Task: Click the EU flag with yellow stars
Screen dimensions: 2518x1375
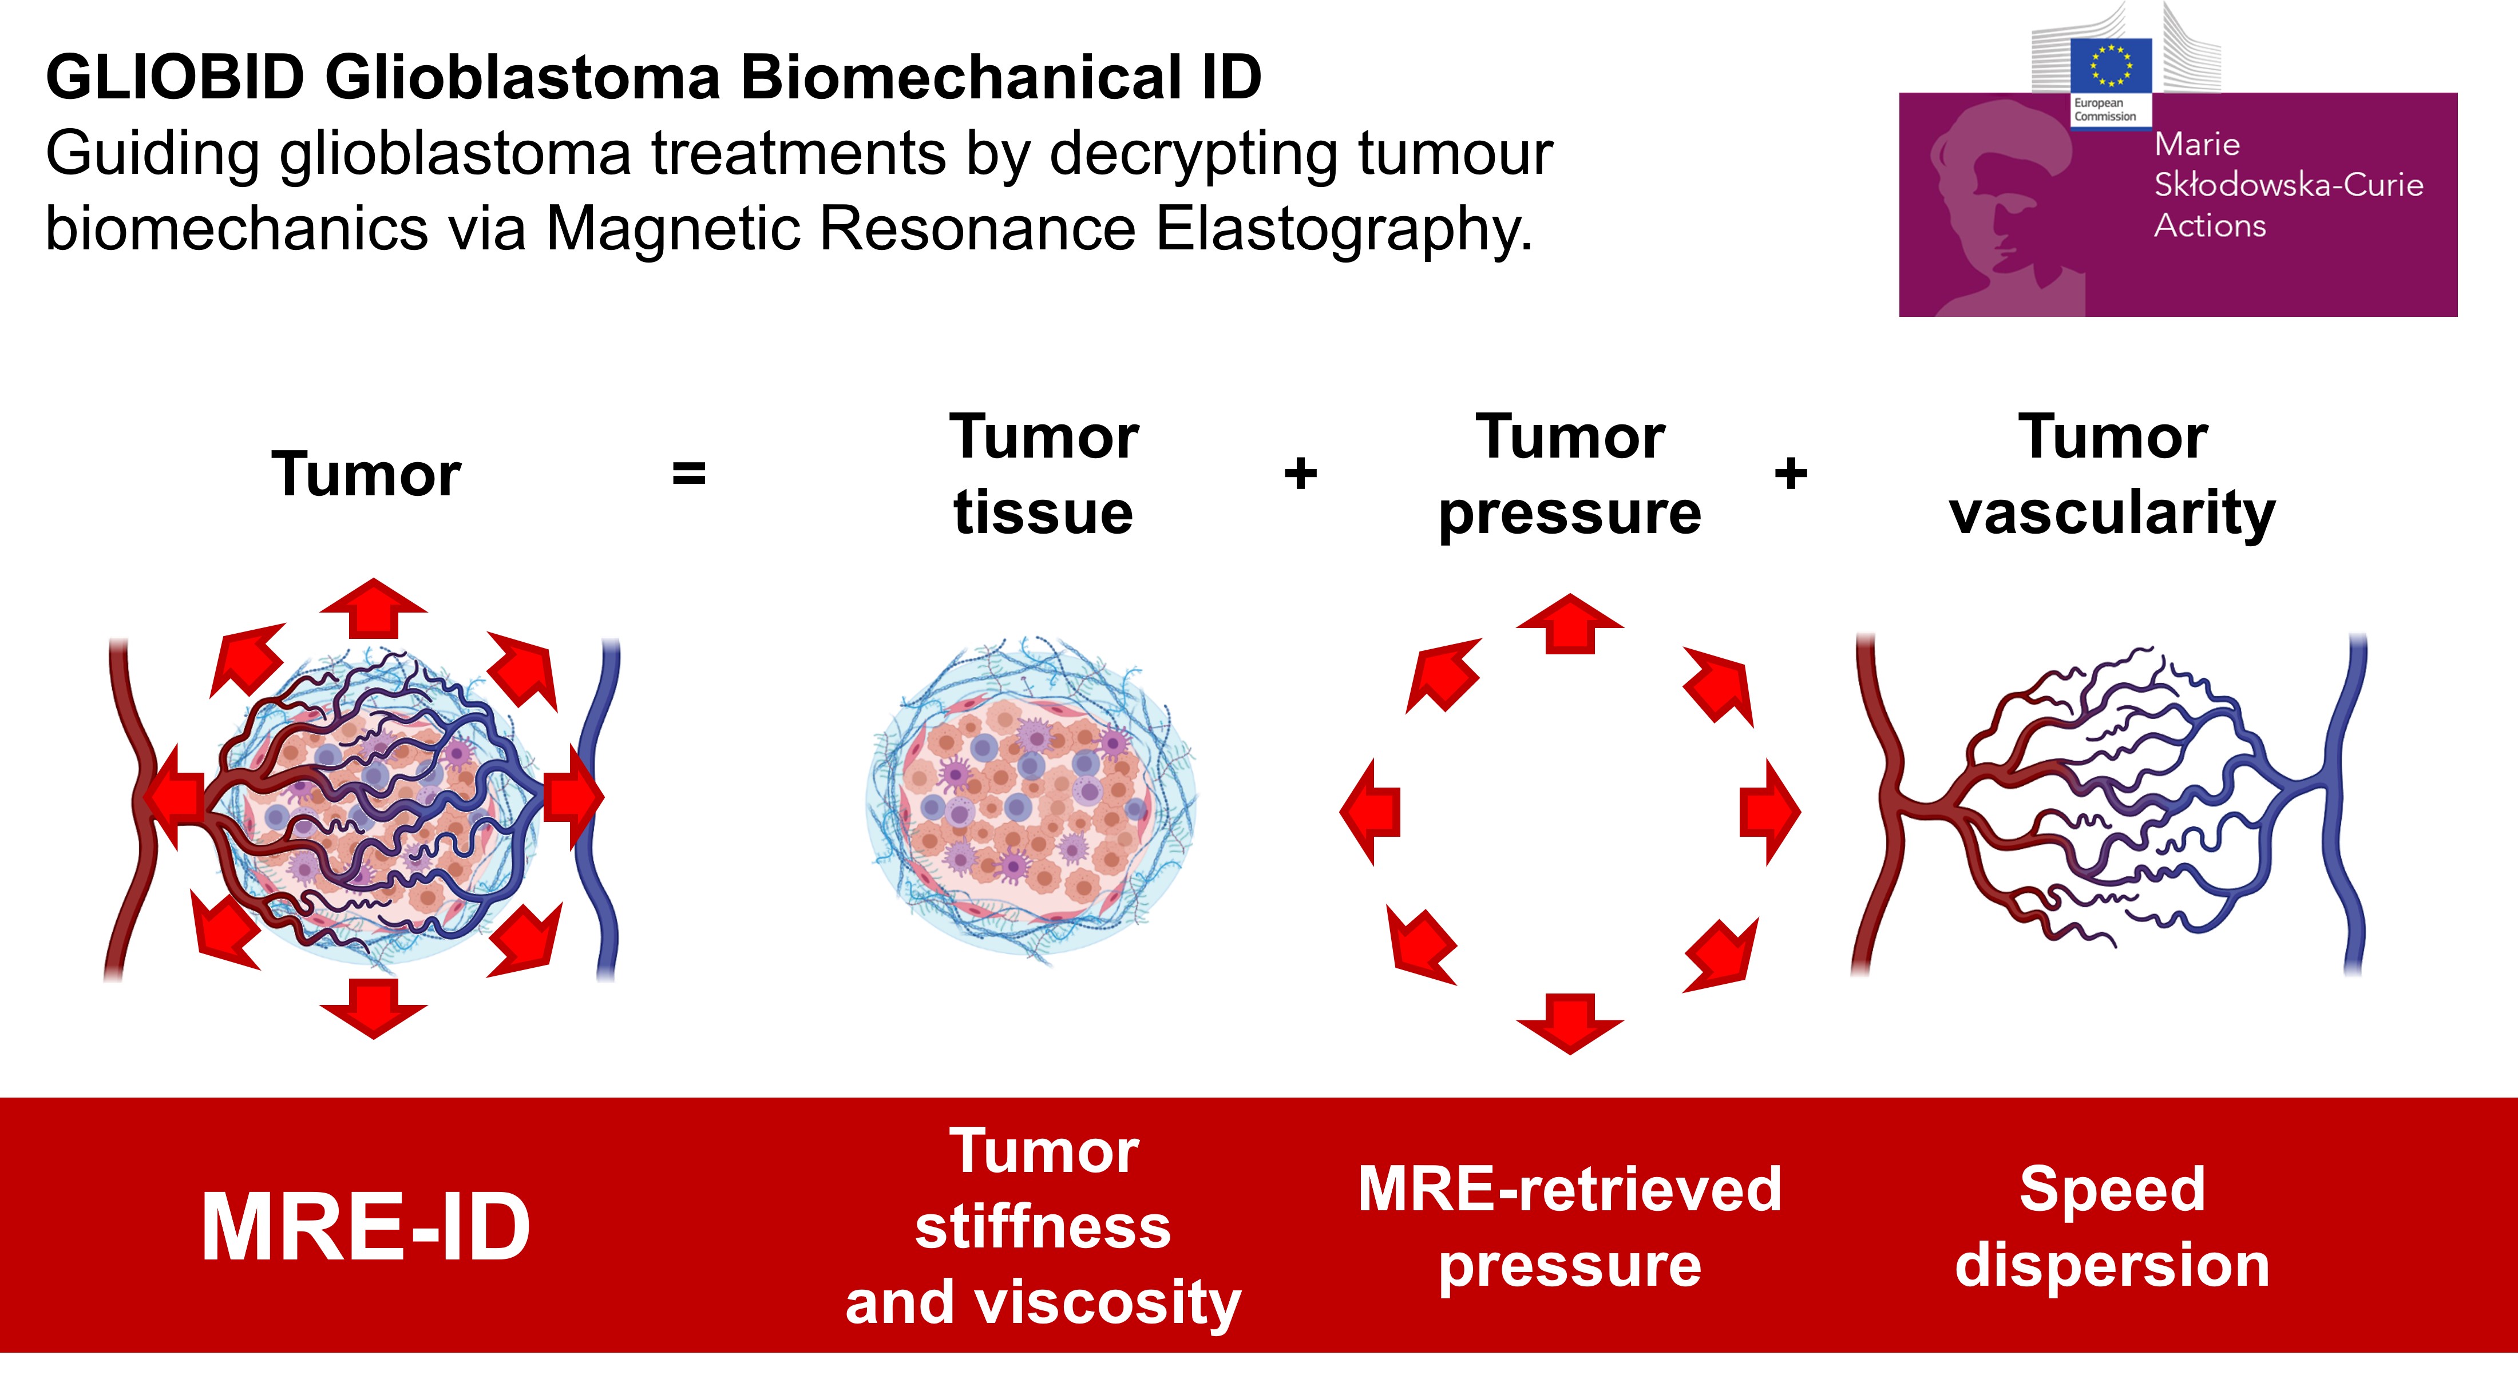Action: point(2111,65)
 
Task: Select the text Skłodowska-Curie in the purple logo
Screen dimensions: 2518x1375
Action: point(2289,185)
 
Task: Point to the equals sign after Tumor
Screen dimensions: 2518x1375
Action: point(689,474)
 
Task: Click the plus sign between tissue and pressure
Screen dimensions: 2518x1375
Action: point(1300,474)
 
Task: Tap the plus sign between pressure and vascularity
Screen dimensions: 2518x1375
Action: point(1791,474)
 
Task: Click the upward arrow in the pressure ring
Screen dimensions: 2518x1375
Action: point(1570,622)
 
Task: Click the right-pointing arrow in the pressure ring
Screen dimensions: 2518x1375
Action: point(1770,811)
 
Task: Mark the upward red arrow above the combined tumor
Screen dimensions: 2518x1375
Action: point(373,608)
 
